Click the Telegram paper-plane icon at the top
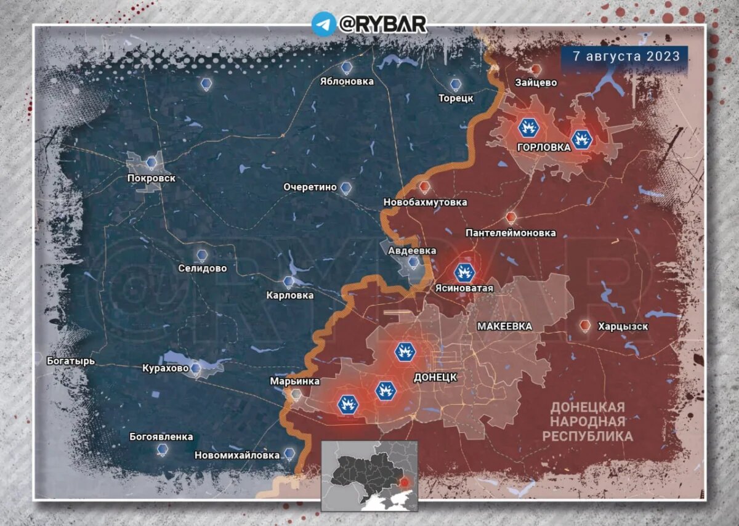[323, 24]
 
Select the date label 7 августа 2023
[626, 56]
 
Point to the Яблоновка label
[347, 81]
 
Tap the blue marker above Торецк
[455, 84]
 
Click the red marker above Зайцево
[536, 70]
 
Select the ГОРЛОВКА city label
[544, 148]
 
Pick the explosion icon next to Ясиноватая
[465, 272]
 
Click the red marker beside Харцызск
[585, 325]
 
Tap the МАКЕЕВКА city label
[504, 326]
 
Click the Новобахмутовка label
[425, 202]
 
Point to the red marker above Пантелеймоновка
[511, 217]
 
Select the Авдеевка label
[412, 251]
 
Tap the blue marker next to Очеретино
[346, 188]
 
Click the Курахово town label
[165, 368]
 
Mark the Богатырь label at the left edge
[71, 361]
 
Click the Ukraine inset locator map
[369, 475]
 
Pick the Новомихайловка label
[237, 456]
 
